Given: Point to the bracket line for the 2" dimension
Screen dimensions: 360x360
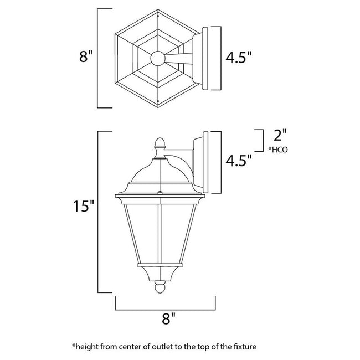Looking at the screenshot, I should tap(261, 140).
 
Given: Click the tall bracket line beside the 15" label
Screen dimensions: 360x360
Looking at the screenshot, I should tap(99, 212).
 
